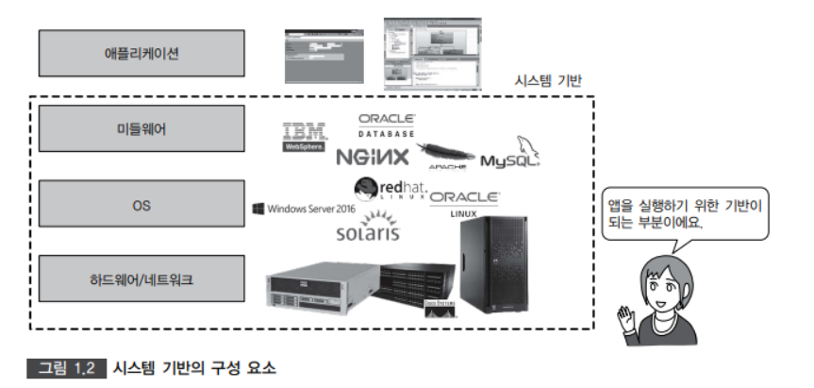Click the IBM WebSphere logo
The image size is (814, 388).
[x=304, y=137]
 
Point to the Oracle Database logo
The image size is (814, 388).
[x=387, y=125]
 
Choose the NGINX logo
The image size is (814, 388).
[x=372, y=157]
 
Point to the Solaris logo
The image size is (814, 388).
[x=368, y=227]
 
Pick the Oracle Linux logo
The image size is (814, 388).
[x=464, y=201]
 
